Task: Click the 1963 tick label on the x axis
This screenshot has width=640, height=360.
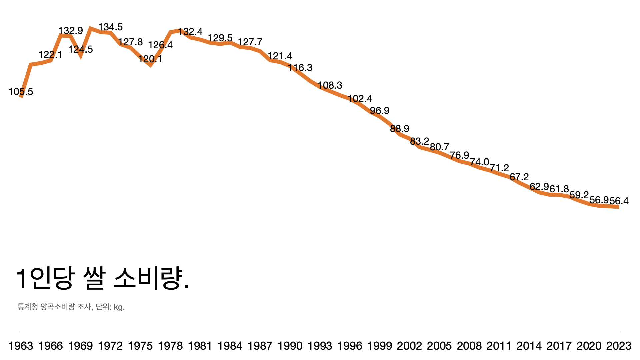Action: point(21,346)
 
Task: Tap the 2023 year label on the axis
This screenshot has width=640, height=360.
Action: point(619,346)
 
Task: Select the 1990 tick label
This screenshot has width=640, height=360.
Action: point(290,346)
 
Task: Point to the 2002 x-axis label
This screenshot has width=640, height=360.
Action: point(409,346)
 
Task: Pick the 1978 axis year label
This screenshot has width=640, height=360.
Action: point(170,346)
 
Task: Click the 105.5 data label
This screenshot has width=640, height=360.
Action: point(21,92)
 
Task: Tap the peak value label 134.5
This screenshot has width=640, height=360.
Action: point(110,27)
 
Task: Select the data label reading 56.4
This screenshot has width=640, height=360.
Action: point(619,201)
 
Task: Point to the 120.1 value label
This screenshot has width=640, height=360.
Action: point(150,59)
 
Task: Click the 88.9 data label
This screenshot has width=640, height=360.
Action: point(400,129)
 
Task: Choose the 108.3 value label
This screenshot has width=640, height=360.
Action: point(330,85)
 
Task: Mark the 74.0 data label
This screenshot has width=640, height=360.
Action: point(479,162)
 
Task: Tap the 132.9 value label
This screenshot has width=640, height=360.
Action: point(71,31)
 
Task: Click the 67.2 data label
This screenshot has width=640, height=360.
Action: point(519,177)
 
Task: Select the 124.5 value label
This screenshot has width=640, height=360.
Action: point(81,49)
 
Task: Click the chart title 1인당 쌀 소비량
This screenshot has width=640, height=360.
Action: point(103,279)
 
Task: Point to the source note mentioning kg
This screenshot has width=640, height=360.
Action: point(71,307)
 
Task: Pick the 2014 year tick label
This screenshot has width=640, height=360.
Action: point(529,346)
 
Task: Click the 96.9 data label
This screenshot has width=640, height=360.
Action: point(380,111)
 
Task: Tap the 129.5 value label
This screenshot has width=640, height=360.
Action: point(220,38)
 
